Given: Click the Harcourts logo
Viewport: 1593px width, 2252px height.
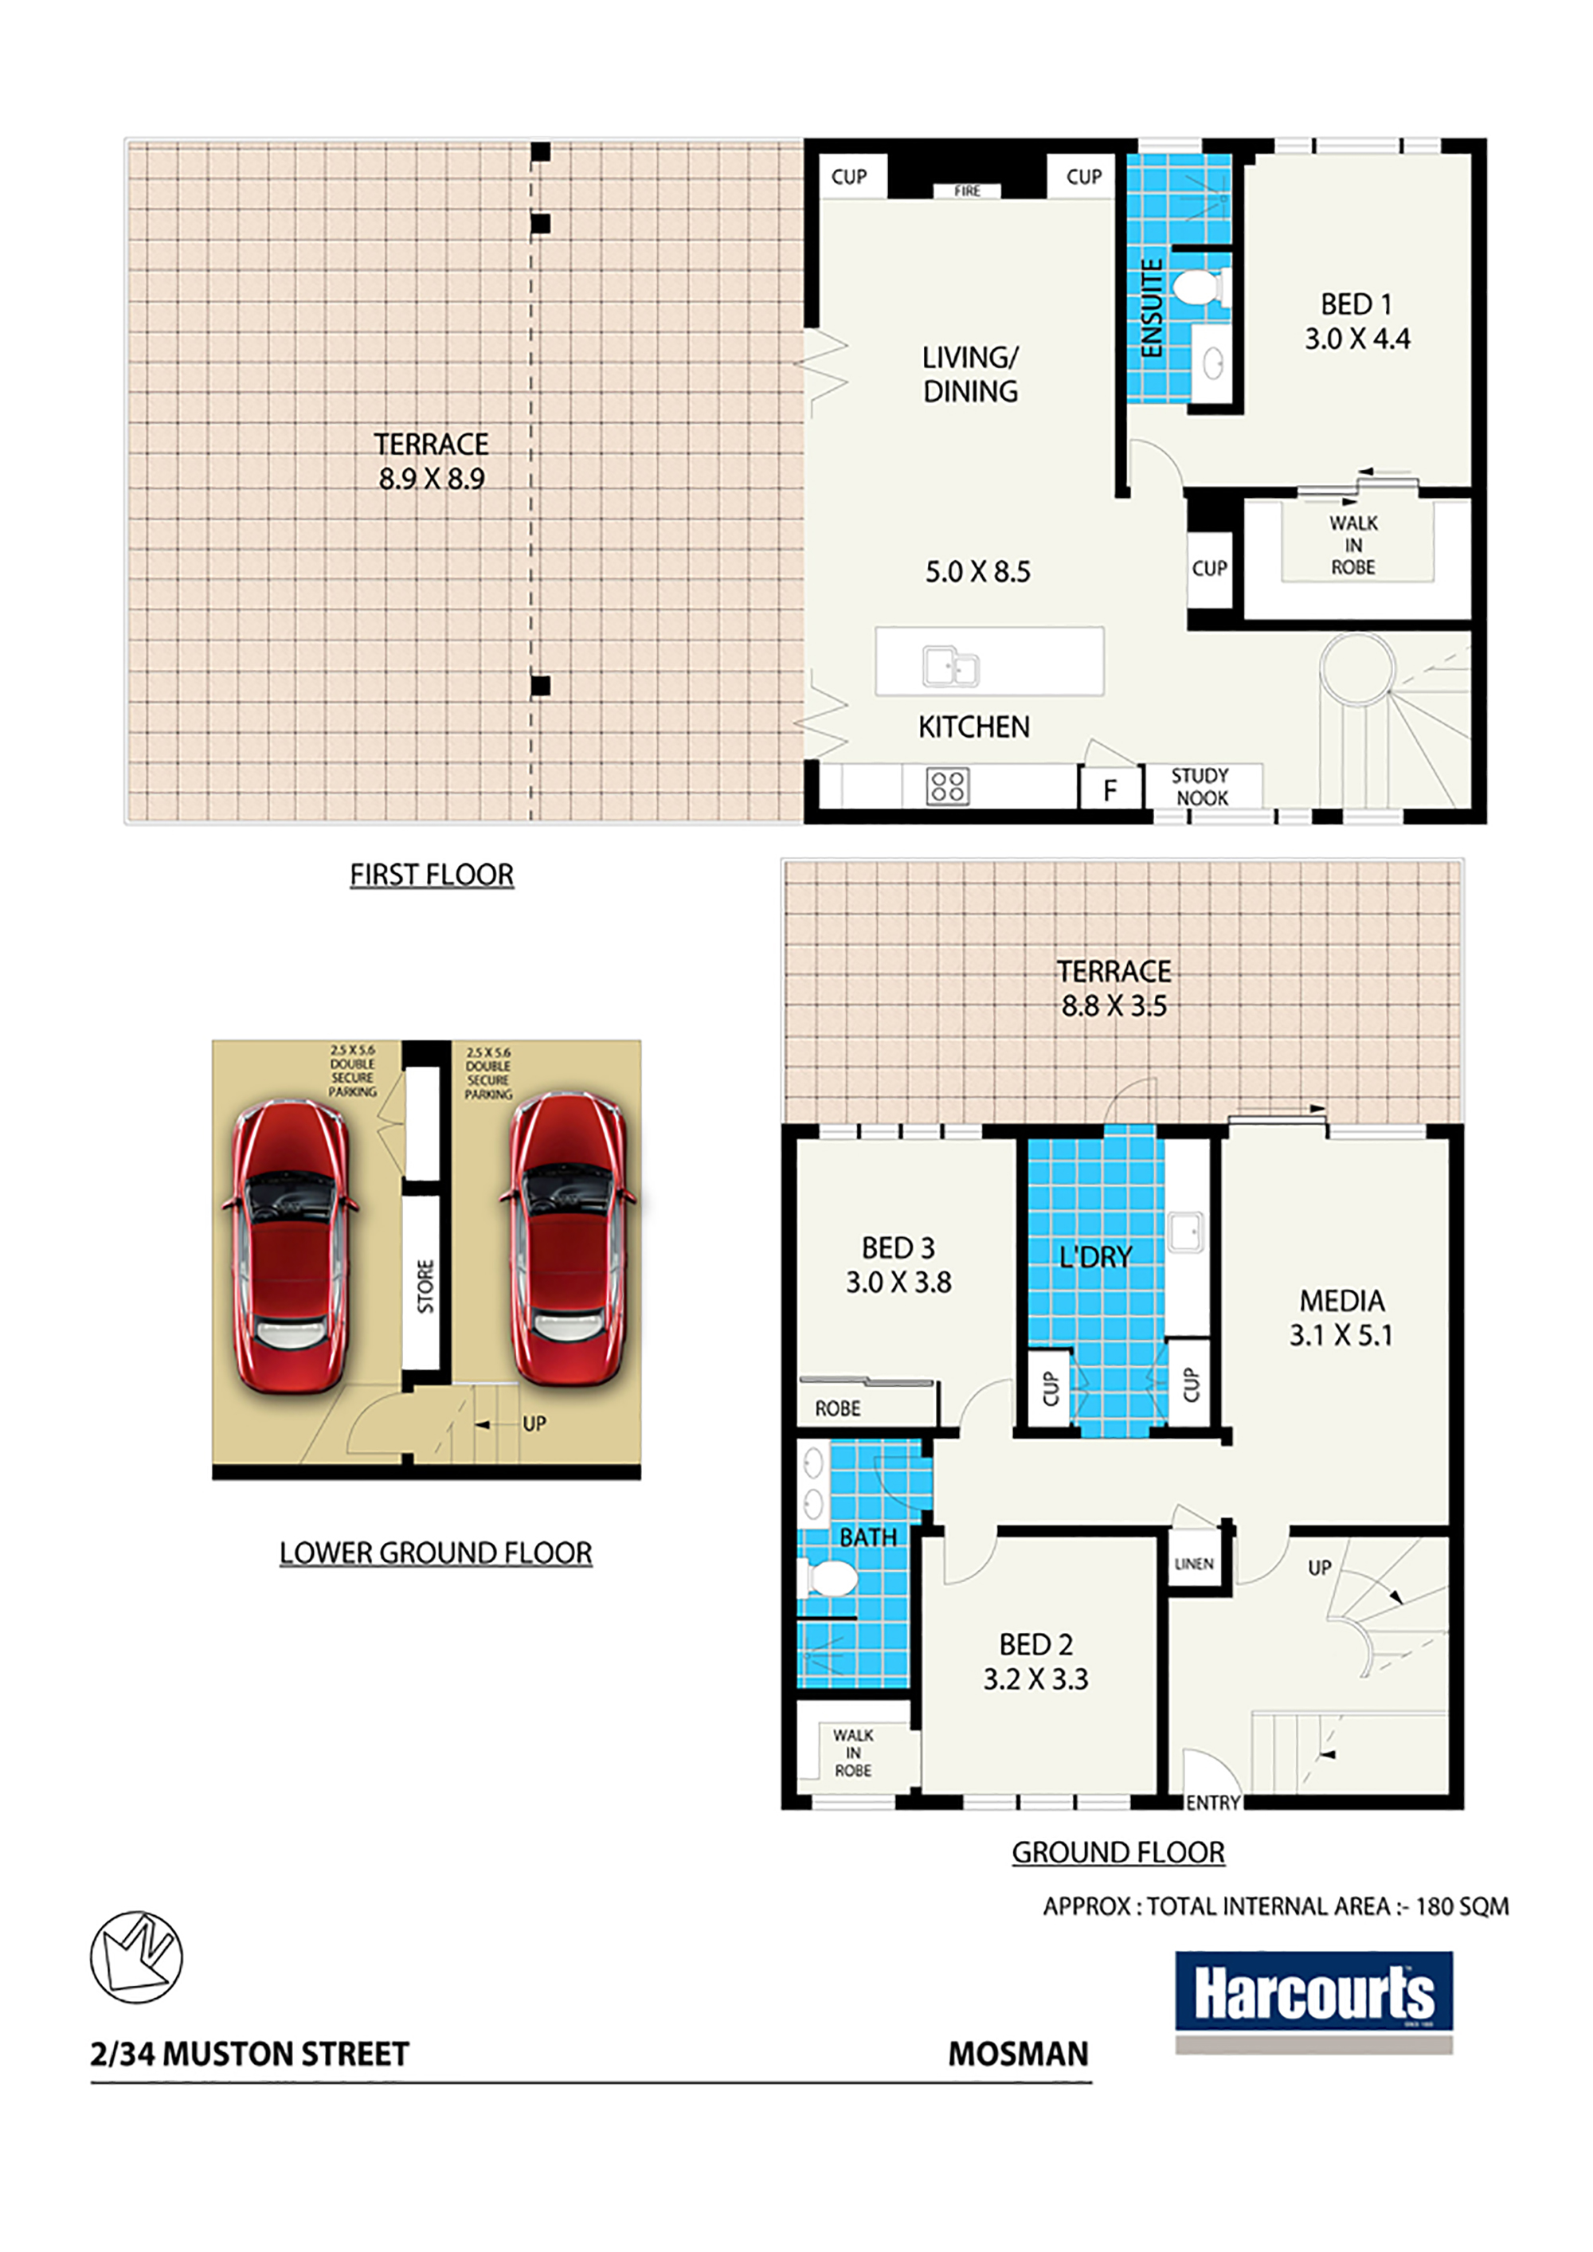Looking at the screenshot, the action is click(1313, 2002).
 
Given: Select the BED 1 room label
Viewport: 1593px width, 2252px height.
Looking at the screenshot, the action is click(1356, 304).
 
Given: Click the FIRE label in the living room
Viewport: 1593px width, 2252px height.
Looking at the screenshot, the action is click(967, 191).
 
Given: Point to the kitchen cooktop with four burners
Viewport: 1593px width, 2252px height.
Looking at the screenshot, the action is click(948, 785).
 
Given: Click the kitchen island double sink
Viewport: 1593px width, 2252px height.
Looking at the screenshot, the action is click(950, 666).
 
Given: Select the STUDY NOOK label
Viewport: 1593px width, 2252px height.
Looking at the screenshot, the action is click(1200, 786).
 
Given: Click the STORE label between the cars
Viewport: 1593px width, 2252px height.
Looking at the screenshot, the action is click(425, 1286).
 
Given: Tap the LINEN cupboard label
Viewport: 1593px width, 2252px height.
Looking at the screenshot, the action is click(1194, 1564).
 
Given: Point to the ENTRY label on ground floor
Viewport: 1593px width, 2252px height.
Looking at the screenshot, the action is click(1213, 1803).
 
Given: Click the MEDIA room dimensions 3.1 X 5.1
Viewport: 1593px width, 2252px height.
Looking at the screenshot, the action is click(1341, 1335).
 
